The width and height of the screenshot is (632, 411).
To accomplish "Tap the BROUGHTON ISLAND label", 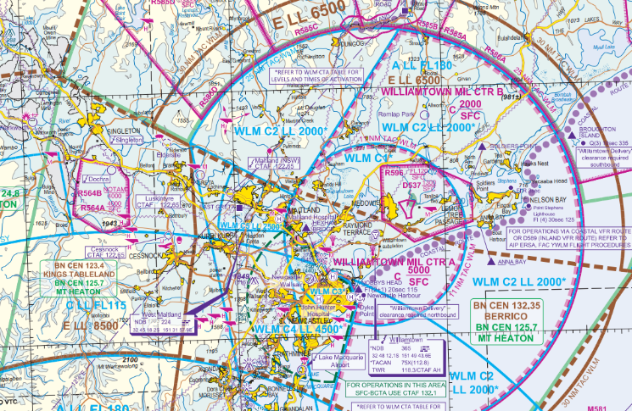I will (599, 136).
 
